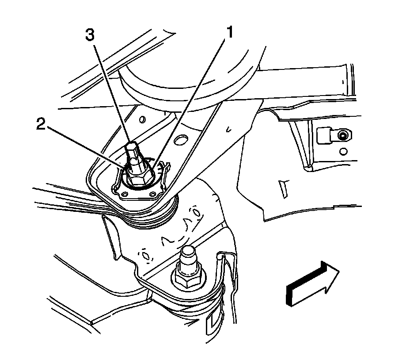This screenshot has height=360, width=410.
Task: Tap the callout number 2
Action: click(x=41, y=125)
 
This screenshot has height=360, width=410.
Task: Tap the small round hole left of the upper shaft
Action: click(x=142, y=120)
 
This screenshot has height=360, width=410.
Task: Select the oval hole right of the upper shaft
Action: click(x=180, y=141)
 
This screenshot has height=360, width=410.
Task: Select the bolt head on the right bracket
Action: click(x=341, y=134)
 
